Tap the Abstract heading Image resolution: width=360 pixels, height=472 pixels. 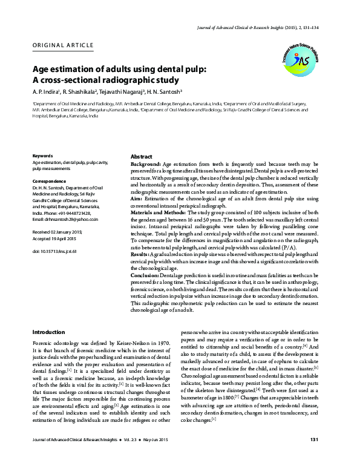coord(141,156)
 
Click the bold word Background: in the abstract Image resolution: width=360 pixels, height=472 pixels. coord(146,164)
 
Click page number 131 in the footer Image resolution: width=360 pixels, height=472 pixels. coord(314,455)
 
